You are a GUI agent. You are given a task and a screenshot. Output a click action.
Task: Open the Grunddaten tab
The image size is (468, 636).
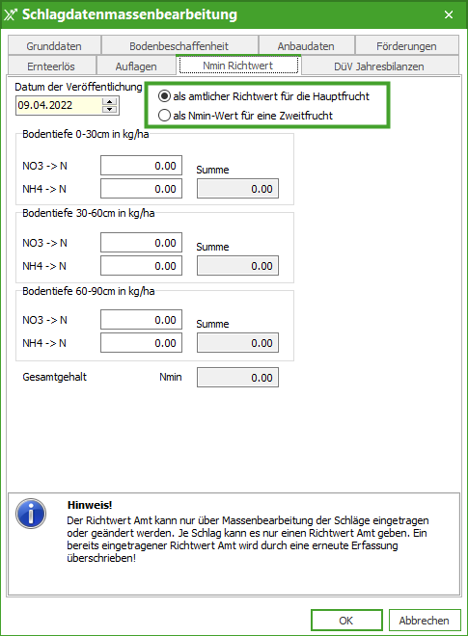point(54,45)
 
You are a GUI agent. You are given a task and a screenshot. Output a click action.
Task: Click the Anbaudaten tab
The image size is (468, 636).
point(306,45)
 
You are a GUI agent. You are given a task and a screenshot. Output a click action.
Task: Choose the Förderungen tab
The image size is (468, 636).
point(407,45)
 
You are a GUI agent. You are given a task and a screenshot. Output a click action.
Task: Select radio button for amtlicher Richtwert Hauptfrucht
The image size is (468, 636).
point(165,96)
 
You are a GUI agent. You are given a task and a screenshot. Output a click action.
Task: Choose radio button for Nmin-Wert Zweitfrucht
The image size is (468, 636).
point(165,116)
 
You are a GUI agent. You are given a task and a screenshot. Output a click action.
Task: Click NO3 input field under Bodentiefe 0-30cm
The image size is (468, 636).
point(141,166)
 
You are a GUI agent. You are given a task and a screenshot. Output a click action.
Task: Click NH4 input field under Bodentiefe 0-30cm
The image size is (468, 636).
point(141,189)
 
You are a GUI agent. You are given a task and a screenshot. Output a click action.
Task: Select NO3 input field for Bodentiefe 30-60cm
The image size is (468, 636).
point(141,243)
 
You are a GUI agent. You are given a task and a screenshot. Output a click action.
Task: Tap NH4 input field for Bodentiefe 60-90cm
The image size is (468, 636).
point(141,342)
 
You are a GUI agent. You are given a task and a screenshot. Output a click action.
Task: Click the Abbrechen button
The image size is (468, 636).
point(424,620)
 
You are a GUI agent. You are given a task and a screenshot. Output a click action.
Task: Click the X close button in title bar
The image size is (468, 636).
point(448,14)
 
